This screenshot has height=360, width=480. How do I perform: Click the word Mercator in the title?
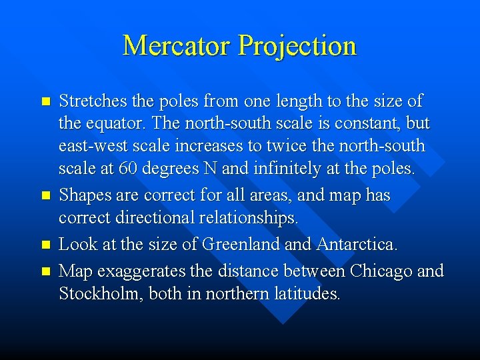(x=177, y=45)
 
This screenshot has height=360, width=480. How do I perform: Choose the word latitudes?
(x=308, y=294)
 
